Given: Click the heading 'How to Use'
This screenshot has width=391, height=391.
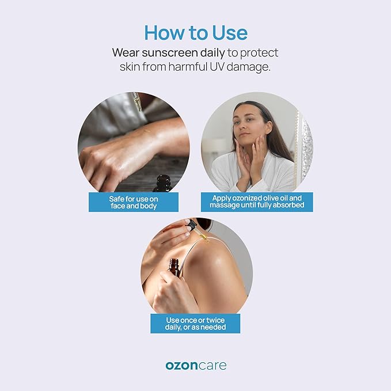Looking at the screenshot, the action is [x=196, y=33].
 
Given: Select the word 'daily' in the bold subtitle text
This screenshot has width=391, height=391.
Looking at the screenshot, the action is [x=212, y=53].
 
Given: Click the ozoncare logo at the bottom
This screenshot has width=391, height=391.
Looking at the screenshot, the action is [x=196, y=366].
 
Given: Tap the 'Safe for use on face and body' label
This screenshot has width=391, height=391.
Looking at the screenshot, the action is [x=134, y=202].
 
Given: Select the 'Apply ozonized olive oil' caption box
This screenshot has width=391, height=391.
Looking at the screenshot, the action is [x=257, y=202].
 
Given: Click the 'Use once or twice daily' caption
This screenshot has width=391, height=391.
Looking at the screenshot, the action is [x=195, y=324].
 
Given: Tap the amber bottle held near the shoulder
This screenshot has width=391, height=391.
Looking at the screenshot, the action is [x=175, y=267].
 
